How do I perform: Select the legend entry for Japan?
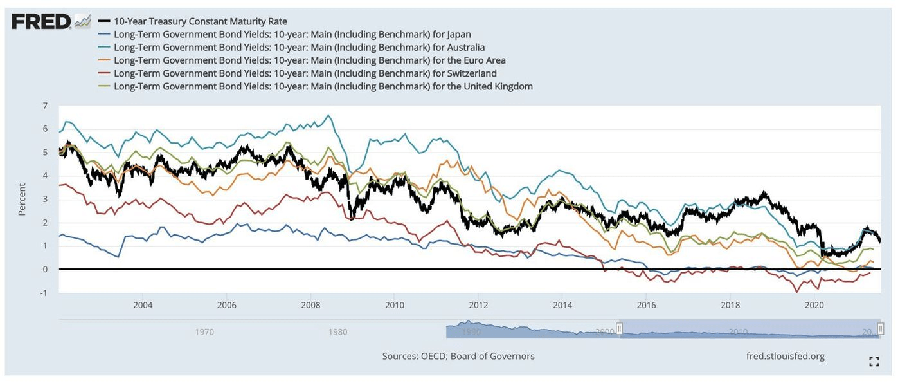click(292, 34)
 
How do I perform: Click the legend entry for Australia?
click(299, 47)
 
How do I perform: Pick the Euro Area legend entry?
click(309, 60)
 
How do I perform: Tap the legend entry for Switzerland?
click(305, 73)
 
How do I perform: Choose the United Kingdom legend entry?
click(323, 86)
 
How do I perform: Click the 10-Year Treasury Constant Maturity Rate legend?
click(200, 21)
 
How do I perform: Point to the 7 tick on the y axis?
click(44, 105)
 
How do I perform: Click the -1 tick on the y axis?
click(43, 293)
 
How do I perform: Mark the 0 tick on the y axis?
click(44, 269)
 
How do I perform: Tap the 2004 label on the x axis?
click(143, 304)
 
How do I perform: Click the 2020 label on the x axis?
click(815, 304)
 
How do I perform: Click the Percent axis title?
click(22, 199)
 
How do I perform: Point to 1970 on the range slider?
click(204, 332)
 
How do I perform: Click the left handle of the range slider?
click(620, 329)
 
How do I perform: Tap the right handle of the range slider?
click(881, 329)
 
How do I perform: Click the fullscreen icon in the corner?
click(874, 362)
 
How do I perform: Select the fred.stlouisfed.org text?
click(785, 356)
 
